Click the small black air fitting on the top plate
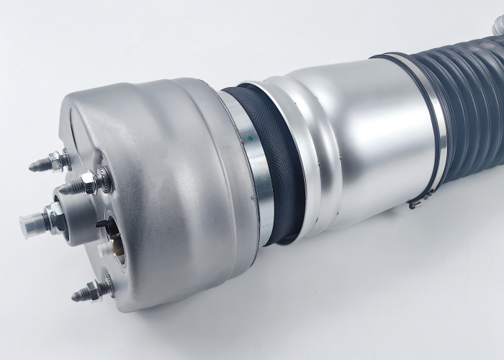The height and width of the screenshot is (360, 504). [102, 225]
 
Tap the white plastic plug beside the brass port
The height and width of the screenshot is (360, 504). [106, 248]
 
